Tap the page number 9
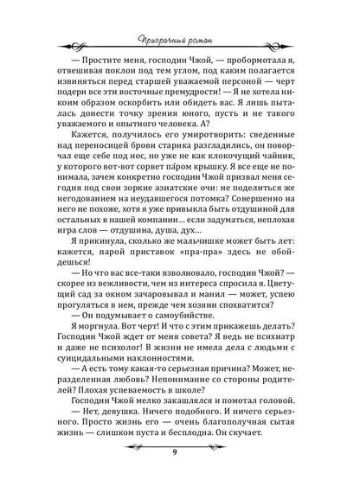[x=180, y=449]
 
